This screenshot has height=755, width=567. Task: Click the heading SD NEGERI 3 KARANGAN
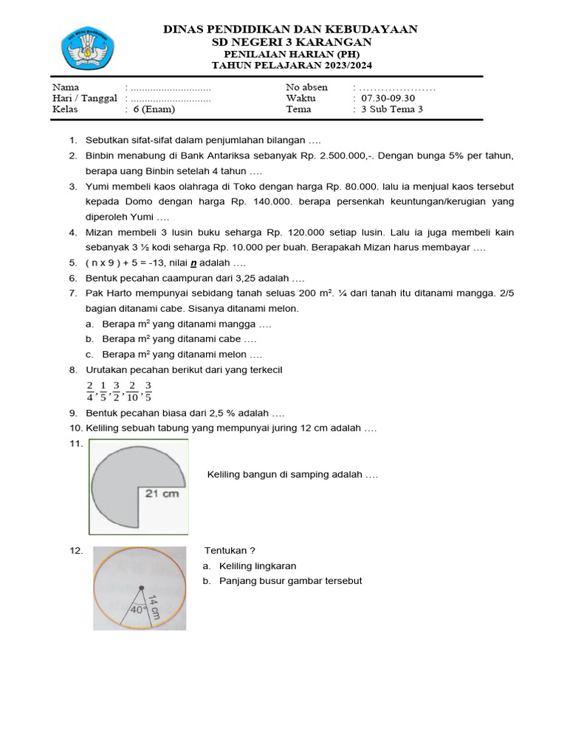290,42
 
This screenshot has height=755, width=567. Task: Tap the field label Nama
66,87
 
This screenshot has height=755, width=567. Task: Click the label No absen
306,87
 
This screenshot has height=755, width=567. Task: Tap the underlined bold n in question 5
193,263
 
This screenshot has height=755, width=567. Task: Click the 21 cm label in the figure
162,493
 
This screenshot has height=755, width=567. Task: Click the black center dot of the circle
141,588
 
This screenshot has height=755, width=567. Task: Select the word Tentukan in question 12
226,550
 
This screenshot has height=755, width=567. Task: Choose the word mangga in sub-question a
239,324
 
